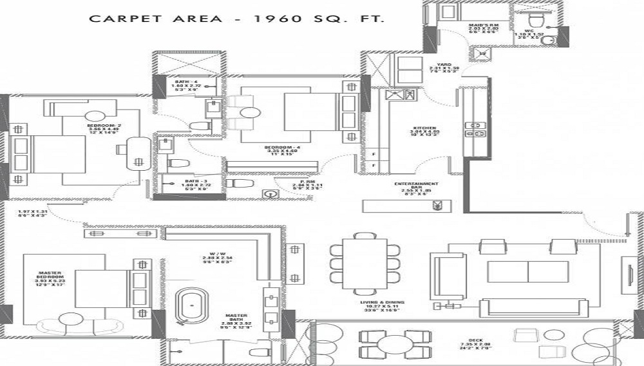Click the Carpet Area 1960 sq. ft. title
tap(236, 19)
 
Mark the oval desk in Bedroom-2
tap(136, 152)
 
